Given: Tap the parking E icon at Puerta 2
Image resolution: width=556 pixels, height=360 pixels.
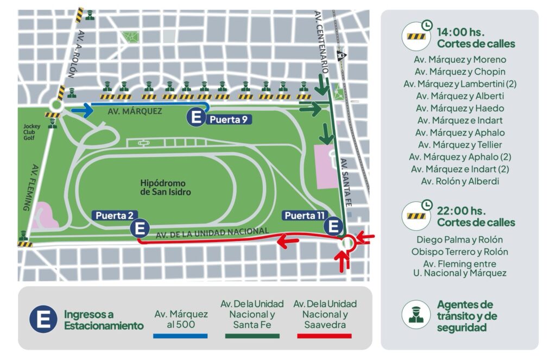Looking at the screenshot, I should point(140,228).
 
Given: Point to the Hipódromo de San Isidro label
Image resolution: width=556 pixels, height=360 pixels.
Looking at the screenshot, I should point(166,187).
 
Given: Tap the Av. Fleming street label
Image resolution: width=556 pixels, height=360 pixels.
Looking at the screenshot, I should point(27,187).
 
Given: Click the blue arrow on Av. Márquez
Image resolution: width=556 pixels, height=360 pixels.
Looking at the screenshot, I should point(81,111).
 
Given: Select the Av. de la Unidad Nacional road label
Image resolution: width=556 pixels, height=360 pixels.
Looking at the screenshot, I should point(212,233).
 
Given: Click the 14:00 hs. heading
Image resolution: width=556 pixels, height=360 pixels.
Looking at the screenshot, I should point(460,32).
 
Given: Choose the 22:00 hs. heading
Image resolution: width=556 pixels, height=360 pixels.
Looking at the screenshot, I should point(460,210).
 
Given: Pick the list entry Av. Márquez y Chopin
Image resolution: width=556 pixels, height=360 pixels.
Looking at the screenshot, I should point(460,72).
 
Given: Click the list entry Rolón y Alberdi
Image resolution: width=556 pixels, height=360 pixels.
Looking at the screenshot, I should point(460,181).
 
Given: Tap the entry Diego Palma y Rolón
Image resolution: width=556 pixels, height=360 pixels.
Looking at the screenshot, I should point(459,239).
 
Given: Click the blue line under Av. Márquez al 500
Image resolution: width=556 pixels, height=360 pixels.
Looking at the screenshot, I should point(180,336).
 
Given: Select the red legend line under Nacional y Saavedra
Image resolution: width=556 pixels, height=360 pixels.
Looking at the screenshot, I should point(325,336).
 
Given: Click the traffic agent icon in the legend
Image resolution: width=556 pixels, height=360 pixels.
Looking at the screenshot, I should point(415,315).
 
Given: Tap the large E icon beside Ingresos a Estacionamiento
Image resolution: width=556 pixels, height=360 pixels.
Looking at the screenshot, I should point(43,320).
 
